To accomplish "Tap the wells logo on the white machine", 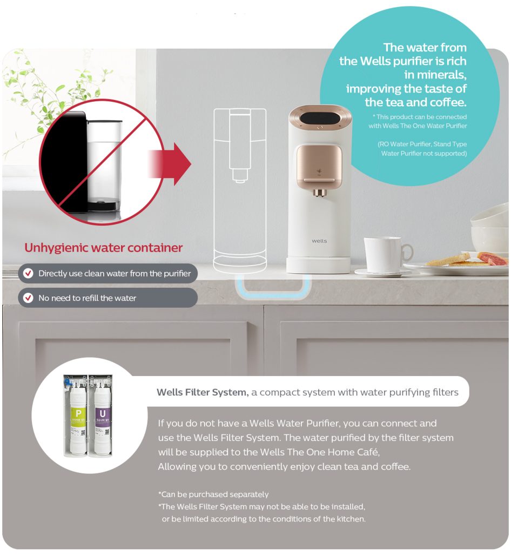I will pyautogui.click(x=319, y=241).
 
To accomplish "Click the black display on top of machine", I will pyautogui.click(x=319, y=116).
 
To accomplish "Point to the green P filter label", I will pyautogui.click(x=78, y=414).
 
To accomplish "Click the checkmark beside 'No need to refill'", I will pyautogui.click(x=28, y=298).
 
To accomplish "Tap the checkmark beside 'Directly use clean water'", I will pyautogui.click(x=28, y=274).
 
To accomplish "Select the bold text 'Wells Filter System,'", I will pyautogui.click(x=202, y=392).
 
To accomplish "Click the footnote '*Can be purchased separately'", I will pyautogui.click(x=213, y=494).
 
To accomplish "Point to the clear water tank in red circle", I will pyautogui.click(x=104, y=162).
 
